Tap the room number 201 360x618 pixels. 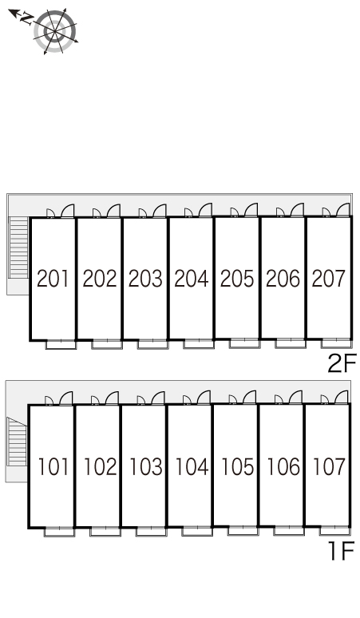tap(53, 279)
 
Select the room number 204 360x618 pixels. tap(191, 279)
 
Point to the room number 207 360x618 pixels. tap(328, 279)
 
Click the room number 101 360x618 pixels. tap(53, 466)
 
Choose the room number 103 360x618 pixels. tap(145, 466)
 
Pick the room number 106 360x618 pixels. tap(283, 466)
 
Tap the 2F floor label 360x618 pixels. tap(342, 363)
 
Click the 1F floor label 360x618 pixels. tap(342, 550)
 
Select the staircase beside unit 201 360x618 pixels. tap(19, 248)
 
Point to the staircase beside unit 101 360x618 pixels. tap(17, 441)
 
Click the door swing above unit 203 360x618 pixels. tap(159, 211)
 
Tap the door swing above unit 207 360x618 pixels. tap(342, 210)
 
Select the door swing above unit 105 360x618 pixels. tap(249, 398)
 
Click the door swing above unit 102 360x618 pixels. tap(112, 398)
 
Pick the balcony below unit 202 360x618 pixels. tap(107, 343)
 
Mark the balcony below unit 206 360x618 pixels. tap(291, 343)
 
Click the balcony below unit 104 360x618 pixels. tap(197, 531)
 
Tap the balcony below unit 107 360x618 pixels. tap(334, 530)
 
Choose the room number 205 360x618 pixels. tap(237, 279)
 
